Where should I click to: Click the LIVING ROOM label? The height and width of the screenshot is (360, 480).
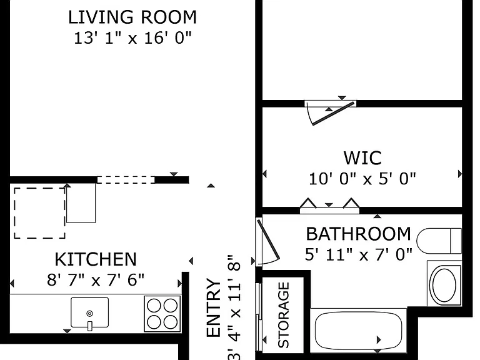pos(132,17)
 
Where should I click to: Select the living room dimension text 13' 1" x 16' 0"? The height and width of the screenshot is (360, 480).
pos(132,38)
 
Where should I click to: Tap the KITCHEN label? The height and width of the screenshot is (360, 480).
pos(96,259)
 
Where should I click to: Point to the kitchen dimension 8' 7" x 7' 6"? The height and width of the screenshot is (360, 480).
pos(96,280)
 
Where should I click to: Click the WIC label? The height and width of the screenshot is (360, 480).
pos(362,158)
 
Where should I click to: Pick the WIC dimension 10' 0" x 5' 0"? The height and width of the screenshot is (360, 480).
pos(362,179)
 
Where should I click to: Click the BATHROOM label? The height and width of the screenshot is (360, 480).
pos(359,234)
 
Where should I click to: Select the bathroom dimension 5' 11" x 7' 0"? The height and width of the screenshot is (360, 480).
pos(359,254)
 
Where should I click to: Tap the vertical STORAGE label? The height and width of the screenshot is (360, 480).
pos(284,315)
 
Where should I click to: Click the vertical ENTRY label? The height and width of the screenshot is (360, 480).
pos(214,307)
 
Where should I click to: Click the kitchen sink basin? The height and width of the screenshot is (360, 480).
pos(90,312)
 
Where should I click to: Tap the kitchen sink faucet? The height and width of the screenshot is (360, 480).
pos(90,326)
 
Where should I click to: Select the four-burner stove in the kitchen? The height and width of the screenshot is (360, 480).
pos(162,314)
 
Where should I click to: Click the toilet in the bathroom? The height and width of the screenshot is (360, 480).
pos(439,241)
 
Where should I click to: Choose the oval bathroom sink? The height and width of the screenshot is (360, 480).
pos(444,284)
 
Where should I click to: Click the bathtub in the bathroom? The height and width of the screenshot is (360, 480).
pos(359,331)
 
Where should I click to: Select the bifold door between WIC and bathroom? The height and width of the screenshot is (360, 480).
pos(329,207)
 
